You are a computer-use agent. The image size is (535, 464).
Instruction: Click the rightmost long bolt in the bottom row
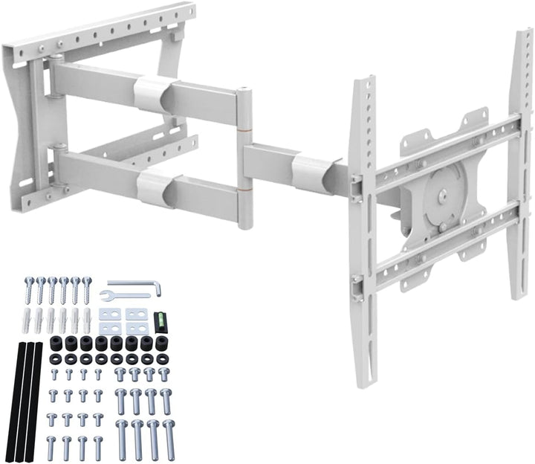click(x=169, y=439)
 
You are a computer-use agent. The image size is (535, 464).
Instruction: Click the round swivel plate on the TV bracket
click(x=442, y=197)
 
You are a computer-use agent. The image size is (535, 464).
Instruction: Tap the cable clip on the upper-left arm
click(x=152, y=95)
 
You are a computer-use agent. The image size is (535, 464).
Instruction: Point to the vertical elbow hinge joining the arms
click(x=244, y=158)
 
